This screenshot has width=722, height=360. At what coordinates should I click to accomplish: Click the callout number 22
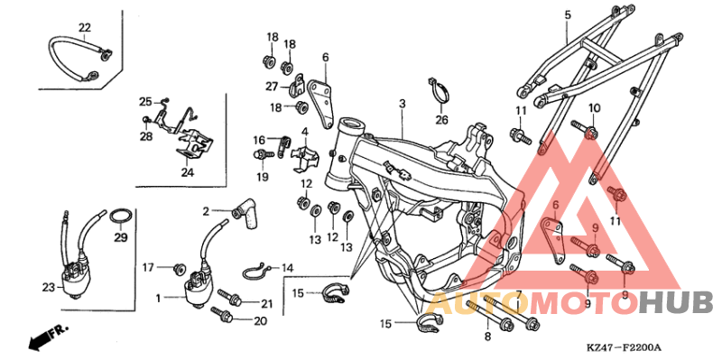(x=84, y=27)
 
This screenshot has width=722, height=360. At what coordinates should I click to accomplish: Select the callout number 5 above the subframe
(x=568, y=15)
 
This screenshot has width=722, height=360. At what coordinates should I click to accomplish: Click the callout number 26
(x=441, y=119)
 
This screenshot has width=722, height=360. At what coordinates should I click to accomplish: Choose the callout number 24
(x=187, y=172)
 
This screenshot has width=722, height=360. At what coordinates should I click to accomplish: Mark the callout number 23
(x=48, y=287)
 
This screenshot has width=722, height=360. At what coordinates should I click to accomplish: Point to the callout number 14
(x=287, y=268)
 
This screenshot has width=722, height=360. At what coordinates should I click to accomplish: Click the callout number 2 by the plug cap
(x=205, y=211)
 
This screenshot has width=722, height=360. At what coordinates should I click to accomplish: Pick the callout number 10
(x=594, y=108)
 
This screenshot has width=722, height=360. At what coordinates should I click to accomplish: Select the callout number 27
(x=271, y=86)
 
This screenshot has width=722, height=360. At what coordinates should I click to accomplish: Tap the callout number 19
(x=262, y=177)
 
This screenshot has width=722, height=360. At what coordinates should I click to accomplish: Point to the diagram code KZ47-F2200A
(x=623, y=347)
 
